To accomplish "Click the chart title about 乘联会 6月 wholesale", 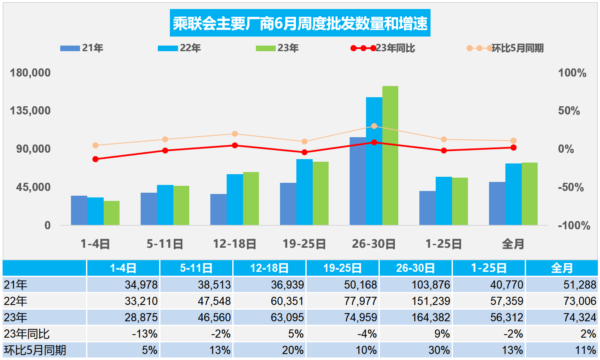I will pyautogui.click(x=300, y=24).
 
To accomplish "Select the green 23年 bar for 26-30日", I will pyautogui.click(x=390, y=155).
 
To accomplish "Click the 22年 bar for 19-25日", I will pyautogui.click(x=304, y=192).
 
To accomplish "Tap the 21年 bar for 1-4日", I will pyautogui.click(x=79, y=210).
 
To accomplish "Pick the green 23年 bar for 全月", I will pyautogui.click(x=529, y=194).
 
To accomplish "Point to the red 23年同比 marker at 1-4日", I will pyautogui.click(x=95, y=159).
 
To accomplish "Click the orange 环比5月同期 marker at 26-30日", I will pyautogui.click(x=374, y=126).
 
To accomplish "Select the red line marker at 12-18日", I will pyautogui.click(x=235, y=145).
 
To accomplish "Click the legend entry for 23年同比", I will pyautogui.click(x=383, y=48).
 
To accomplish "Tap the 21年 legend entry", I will pyautogui.click(x=82, y=48).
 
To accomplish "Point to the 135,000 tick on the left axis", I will pyautogui.click(x=31, y=111).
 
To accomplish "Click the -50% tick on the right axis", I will pyautogui.click(x=571, y=188).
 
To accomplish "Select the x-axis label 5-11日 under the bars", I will pyautogui.click(x=165, y=244).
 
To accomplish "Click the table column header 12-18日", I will pyautogui.click(x=269, y=268).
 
